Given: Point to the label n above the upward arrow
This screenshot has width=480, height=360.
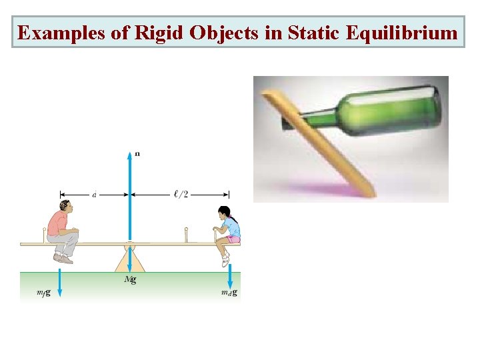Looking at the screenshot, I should coord(137,153).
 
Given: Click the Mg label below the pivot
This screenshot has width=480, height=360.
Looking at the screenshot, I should coord(131,279).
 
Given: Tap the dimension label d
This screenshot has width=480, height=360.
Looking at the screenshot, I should coord(94,195).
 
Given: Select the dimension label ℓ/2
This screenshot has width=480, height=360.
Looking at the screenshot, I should coord(181,194).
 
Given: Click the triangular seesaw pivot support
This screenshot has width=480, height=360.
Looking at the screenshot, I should coord(130,260).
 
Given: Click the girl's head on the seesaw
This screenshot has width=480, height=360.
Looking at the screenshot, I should coord(224,213).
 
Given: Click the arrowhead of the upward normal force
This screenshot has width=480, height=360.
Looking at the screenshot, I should coord(130,156).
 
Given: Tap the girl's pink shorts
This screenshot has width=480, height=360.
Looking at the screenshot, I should coord(233,238).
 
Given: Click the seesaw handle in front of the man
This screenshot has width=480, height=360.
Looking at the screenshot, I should coord(45,235).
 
